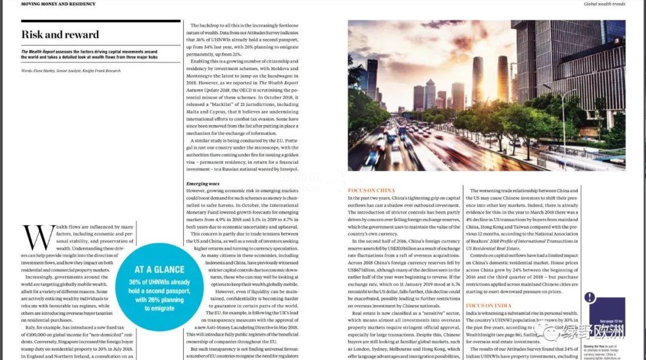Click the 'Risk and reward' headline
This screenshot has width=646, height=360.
[x=60, y=34]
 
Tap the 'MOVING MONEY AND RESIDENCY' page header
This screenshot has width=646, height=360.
[x=58, y=4]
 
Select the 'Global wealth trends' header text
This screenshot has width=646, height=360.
[x=605, y=4]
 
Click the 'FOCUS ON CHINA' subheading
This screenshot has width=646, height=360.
[x=371, y=190]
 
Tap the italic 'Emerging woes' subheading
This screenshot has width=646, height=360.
[x=203, y=183]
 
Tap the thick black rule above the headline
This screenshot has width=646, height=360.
[x=100, y=22]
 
